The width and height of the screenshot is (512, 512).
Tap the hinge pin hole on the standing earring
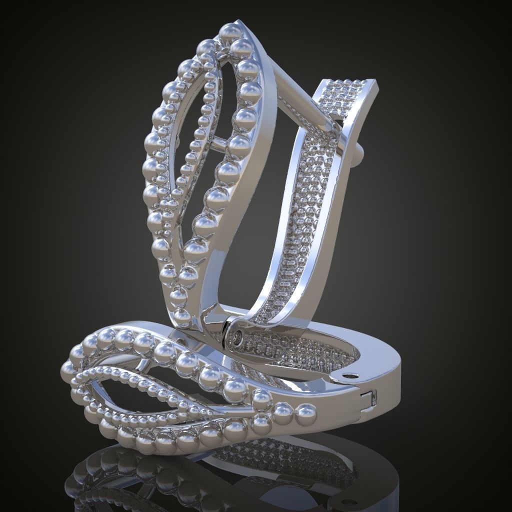pyautogui.click(x=236, y=339)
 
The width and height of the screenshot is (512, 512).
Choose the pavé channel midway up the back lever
pyautogui.click(x=305, y=210)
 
